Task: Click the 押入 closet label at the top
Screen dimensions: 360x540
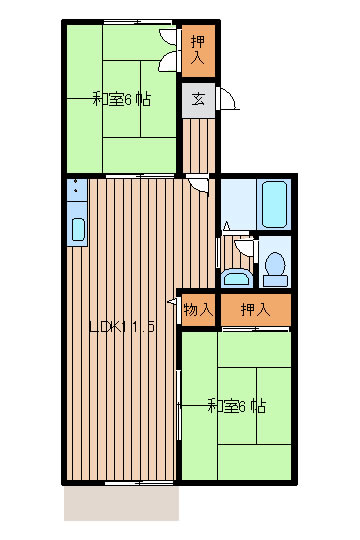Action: pos(198,51)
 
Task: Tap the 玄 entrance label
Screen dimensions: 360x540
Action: pos(198,99)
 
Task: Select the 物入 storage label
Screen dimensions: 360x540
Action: pos(198,309)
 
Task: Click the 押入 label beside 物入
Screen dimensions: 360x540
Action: pos(255,309)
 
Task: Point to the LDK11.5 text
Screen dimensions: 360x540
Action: pos(122,327)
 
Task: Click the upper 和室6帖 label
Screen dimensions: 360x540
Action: pos(122,99)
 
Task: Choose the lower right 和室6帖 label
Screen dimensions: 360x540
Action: pos(237,406)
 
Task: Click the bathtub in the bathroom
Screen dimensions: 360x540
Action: pos(274,204)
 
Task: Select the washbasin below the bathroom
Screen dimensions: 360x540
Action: pos(236,278)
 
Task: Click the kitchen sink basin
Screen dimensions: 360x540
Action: pos(78,229)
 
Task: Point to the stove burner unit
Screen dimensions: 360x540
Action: pos(77,189)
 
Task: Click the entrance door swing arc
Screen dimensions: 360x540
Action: pos(230,98)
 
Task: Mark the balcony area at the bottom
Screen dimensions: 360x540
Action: pos(122,502)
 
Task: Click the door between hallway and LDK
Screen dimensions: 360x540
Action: pos(198,185)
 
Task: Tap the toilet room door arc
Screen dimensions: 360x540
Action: pos(245,248)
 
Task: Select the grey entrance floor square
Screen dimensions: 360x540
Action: pos(198,100)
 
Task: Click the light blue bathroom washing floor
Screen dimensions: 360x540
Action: pos(238,204)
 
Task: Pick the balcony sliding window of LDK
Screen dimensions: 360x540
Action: pos(139,483)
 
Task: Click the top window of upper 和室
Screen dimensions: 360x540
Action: pos(138,22)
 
